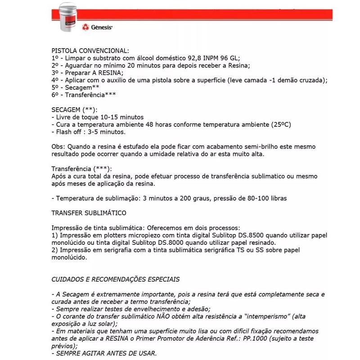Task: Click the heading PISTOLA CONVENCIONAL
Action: tap(90, 50)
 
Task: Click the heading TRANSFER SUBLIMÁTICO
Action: tap(89, 212)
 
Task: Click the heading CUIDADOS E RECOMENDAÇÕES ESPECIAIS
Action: tap(116, 279)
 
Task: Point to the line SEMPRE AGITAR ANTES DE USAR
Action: tap(104, 354)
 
